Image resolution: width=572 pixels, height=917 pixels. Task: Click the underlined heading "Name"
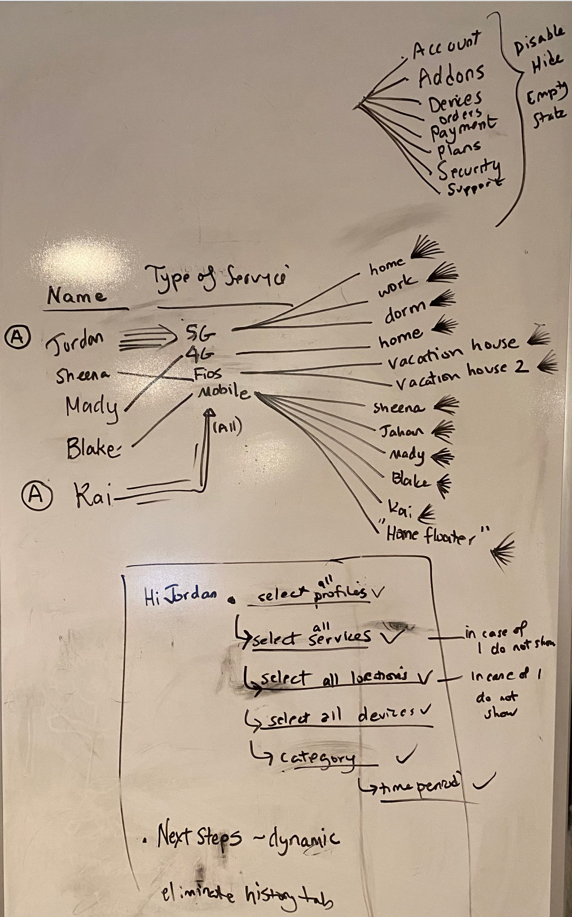[76, 296]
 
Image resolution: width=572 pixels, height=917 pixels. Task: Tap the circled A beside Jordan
[17, 337]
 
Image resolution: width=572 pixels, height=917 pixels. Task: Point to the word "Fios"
[208, 373]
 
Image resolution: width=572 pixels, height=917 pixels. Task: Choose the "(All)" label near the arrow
[227, 427]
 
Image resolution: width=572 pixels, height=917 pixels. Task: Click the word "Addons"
[451, 74]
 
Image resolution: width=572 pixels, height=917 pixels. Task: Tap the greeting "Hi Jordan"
[180, 596]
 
